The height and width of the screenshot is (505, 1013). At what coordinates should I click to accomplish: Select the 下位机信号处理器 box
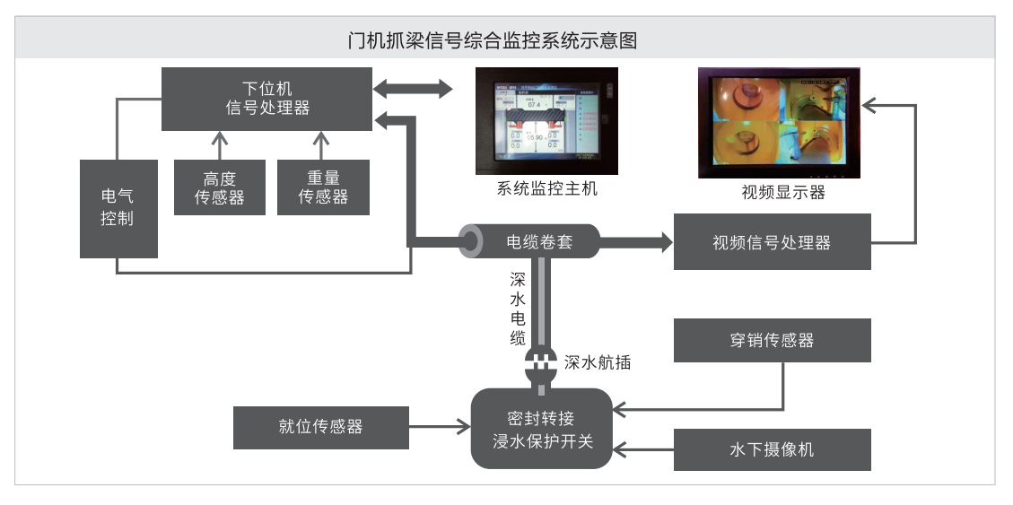[266, 99]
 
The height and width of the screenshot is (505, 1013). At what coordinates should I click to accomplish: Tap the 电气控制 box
[118, 208]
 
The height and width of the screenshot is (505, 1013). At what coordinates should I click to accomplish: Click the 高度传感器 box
[220, 187]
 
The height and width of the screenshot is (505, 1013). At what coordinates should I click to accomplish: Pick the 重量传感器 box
[323, 187]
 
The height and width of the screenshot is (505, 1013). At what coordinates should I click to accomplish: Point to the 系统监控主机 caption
[546, 189]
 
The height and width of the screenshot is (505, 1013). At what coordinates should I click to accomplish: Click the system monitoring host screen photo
[546, 121]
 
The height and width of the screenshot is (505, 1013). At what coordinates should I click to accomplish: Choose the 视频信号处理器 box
[772, 242]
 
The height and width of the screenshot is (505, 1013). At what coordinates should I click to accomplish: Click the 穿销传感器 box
[772, 341]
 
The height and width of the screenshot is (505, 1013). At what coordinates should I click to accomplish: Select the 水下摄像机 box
[772, 449]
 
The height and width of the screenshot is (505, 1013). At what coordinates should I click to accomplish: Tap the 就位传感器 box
[321, 427]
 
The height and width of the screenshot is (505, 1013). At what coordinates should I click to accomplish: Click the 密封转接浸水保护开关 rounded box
[542, 429]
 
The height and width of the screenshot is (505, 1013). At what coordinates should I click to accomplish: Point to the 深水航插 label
[598, 362]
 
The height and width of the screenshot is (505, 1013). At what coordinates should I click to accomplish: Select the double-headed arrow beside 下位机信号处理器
[413, 89]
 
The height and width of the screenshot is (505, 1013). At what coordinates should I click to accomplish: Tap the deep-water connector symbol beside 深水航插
[541, 363]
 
